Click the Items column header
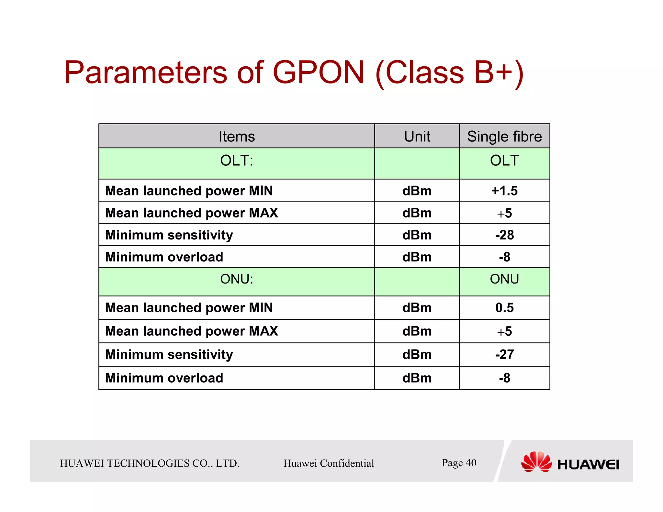point(237,136)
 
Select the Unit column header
point(417,136)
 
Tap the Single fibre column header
point(504,136)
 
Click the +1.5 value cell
point(504,191)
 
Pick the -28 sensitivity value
point(504,235)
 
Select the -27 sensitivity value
point(504,354)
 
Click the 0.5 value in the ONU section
point(504,307)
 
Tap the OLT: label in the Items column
point(237,161)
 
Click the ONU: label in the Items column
point(237,279)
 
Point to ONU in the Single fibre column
point(504,279)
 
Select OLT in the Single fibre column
point(504,161)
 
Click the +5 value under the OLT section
point(504,213)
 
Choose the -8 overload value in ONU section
point(504,378)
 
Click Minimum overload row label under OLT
point(164,257)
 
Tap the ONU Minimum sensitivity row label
point(169,354)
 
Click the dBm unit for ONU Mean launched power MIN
point(417,307)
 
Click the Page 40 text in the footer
point(459,463)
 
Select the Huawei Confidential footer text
point(329,463)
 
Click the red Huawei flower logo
point(536,462)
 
